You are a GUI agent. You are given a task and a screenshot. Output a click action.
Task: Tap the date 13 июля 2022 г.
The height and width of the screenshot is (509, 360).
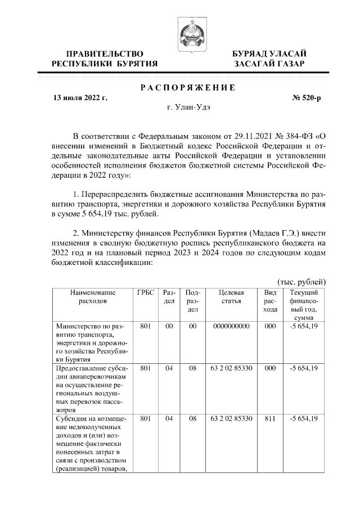[x=80, y=98]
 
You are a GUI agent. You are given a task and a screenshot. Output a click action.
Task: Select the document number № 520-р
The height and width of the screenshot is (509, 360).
[x=306, y=98]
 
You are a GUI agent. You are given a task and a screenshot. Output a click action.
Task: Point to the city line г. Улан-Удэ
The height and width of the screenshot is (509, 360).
[x=187, y=107]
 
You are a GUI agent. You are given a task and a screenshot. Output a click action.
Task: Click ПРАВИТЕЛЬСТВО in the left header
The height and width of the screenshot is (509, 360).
[x=104, y=53]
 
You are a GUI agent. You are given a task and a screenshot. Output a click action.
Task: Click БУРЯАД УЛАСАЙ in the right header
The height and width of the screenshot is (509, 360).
[x=269, y=53]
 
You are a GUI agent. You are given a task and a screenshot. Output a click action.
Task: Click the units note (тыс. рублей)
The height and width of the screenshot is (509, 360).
[x=301, y=281]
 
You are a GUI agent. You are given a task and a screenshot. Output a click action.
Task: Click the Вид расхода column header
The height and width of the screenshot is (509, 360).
[x=270, y=301]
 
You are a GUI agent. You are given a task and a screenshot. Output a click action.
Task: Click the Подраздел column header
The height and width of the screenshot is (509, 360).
[x=192, y=301]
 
